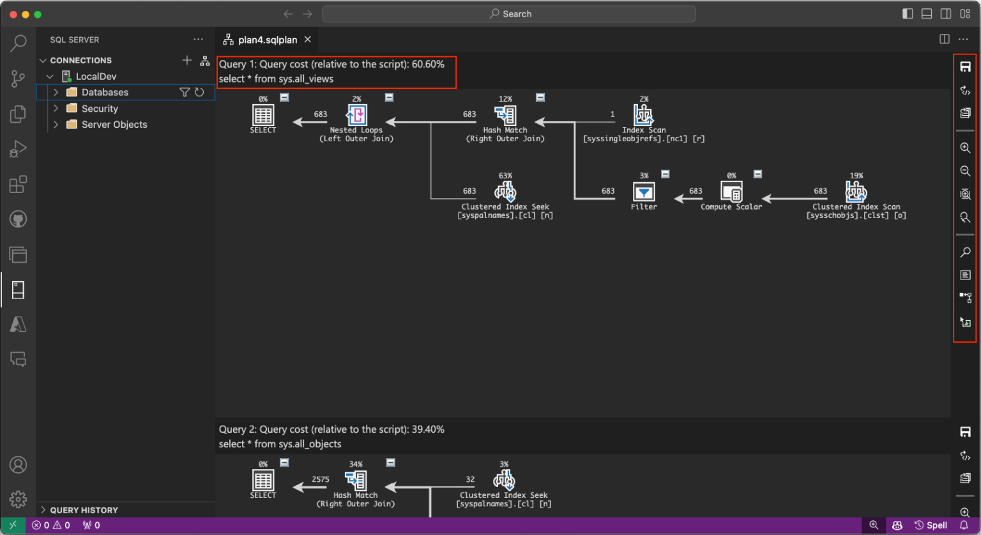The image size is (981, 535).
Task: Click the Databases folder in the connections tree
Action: click(105, 93)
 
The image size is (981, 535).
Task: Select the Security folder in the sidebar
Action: click(100, 109)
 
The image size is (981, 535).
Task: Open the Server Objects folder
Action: click(114, 125)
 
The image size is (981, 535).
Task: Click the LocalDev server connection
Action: click(96, 77)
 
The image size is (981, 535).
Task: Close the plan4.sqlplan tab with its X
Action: click(308, 40)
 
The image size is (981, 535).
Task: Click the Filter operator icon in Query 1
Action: click(644, 192)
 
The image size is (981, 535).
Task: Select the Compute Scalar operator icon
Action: click(731, 192)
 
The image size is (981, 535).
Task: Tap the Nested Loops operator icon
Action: click(356, 115)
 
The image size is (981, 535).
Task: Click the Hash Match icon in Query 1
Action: click(505, 115)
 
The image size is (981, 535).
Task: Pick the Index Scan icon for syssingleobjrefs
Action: click(644, 115)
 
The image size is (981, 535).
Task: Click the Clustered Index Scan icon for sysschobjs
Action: click(856, 192)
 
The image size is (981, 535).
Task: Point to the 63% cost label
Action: click(505, 176)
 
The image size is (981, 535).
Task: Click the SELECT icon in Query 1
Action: click(263, 115)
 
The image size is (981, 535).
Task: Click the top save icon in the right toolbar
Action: click(966, 67)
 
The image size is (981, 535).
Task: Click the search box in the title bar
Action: click(508, 14)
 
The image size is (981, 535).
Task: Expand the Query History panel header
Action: click(84, 510)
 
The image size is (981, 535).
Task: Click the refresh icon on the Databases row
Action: click(199, 93)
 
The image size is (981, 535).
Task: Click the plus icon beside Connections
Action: click(187, 60)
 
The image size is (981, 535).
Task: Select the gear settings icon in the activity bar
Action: click(18, 499)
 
